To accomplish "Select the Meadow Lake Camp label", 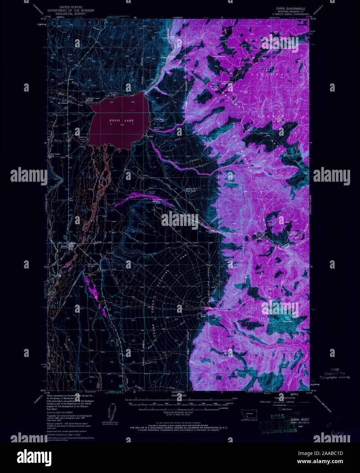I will click(94, 99).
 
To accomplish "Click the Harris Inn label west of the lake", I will click(83, 137).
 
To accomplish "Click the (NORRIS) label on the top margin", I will click(177, 17).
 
